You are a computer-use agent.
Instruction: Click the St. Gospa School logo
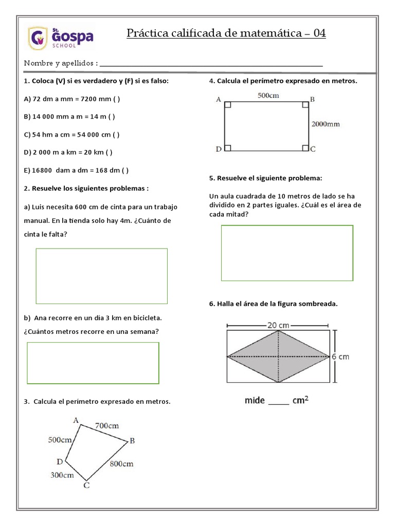(x=61, y=38)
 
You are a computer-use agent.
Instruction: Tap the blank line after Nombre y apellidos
(x=211, y=65)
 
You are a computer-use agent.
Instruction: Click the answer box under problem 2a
(x=101, y=276)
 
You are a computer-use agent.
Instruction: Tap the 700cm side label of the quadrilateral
(x=107, y=425)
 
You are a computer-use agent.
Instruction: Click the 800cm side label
(x=121, y=463)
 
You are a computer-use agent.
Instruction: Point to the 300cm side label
(x=62, y=475)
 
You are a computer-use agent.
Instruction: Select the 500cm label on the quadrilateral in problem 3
(x=60, y=440)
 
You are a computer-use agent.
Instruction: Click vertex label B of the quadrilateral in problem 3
(x=132, y=440)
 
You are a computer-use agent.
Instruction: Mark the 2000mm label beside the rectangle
(x=326, y=124)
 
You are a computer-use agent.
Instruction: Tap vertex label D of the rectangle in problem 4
(x=219, y=149)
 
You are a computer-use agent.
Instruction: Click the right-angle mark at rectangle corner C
(x=305, y=148)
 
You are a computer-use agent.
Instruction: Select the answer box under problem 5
(x=287, y=253)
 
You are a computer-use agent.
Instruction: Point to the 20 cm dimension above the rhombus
(x=278, y=325)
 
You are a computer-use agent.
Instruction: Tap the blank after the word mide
(x=279, y=402)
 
